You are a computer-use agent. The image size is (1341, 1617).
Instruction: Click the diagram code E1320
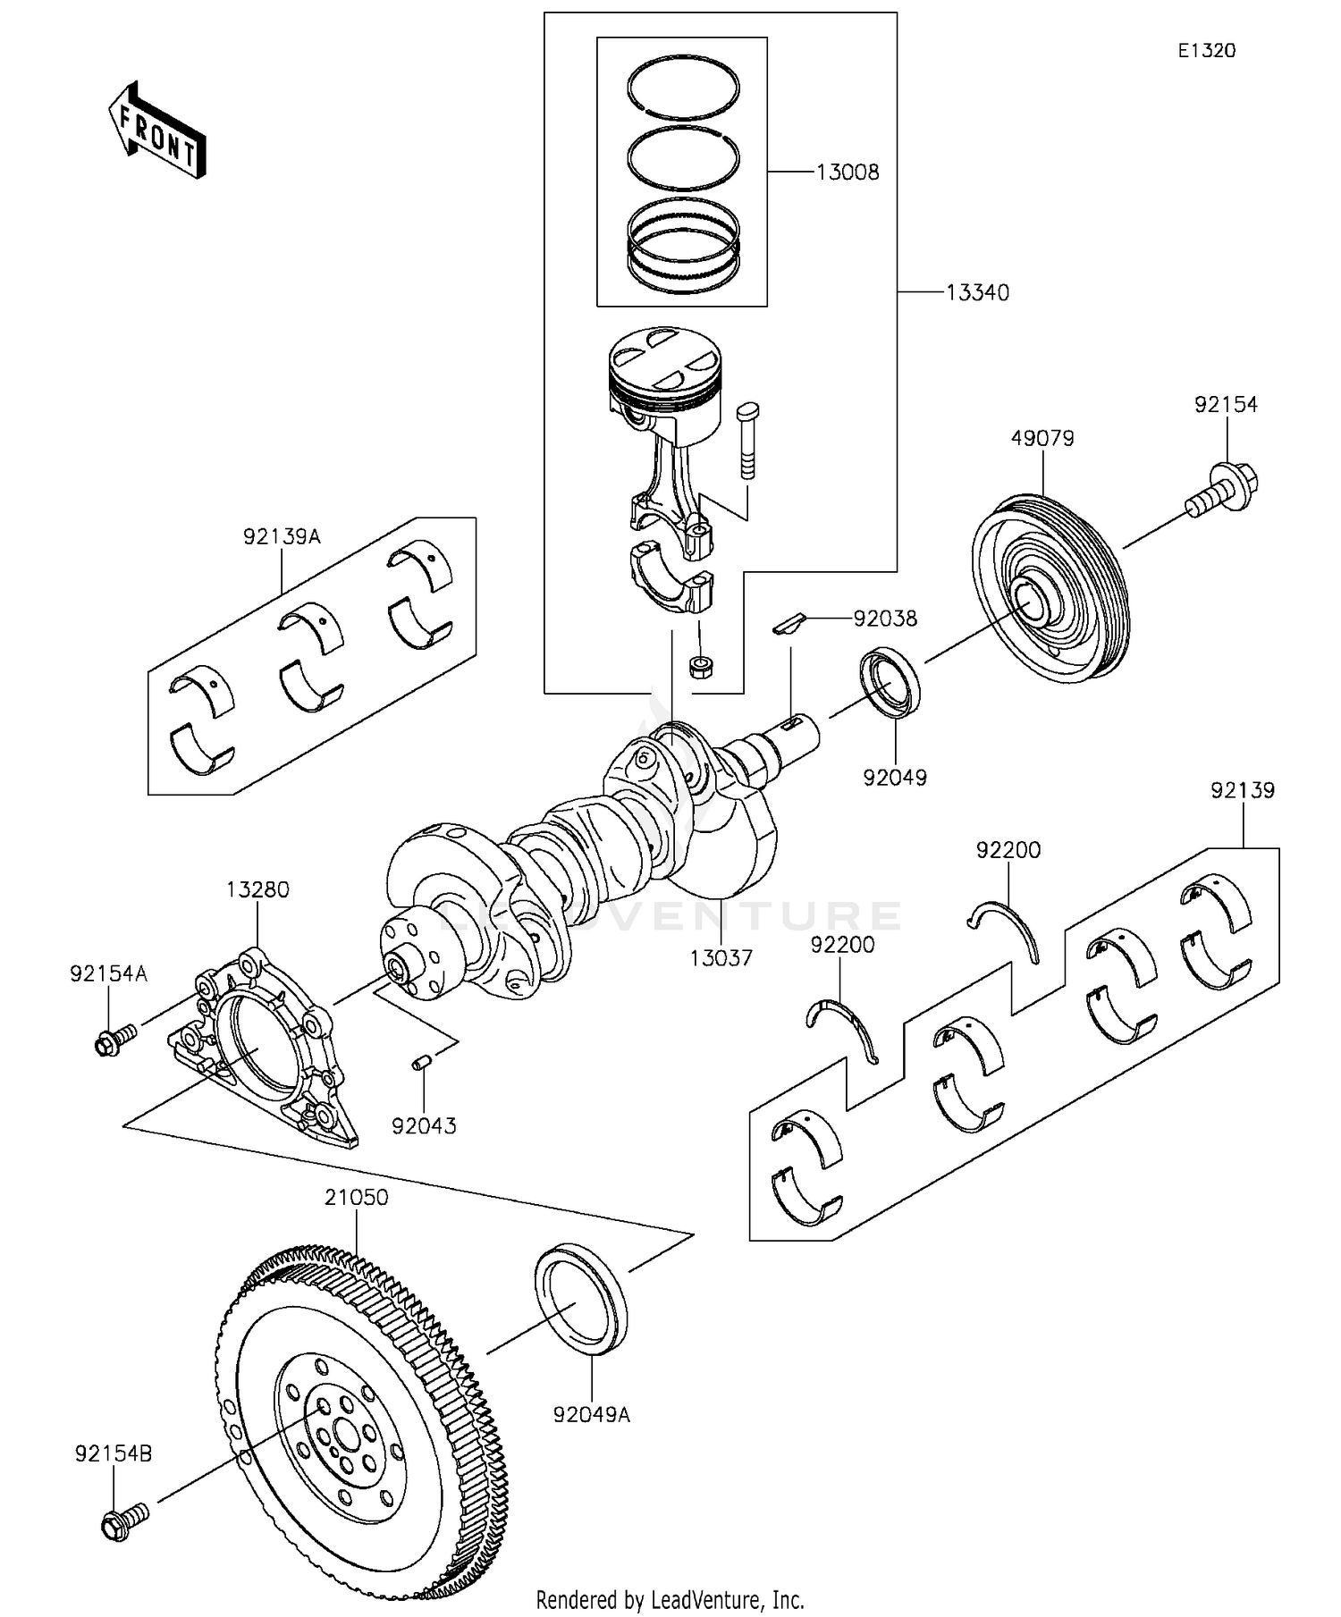1206,51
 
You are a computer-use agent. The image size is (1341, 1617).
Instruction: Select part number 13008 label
847,173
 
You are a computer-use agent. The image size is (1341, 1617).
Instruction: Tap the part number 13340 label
977,293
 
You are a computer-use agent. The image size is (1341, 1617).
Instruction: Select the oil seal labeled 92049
890,684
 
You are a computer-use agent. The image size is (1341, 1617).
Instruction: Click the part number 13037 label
721,958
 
